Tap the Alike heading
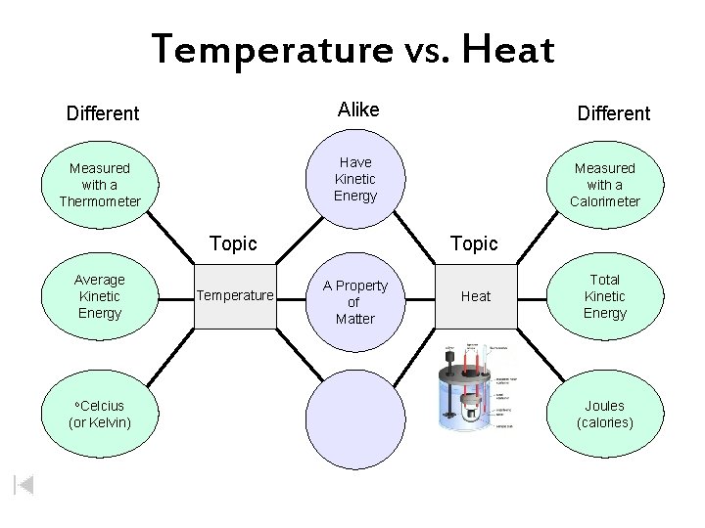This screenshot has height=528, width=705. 357,110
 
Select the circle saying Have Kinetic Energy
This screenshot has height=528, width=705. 354,179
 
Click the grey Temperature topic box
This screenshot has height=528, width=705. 236,294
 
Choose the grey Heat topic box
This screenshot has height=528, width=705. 476,296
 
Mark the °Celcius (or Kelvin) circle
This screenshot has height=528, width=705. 100,414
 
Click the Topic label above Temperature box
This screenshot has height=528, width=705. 234,242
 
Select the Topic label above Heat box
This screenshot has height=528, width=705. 475,242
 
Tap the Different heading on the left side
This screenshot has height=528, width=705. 103,112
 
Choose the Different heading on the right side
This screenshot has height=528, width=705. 613,113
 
